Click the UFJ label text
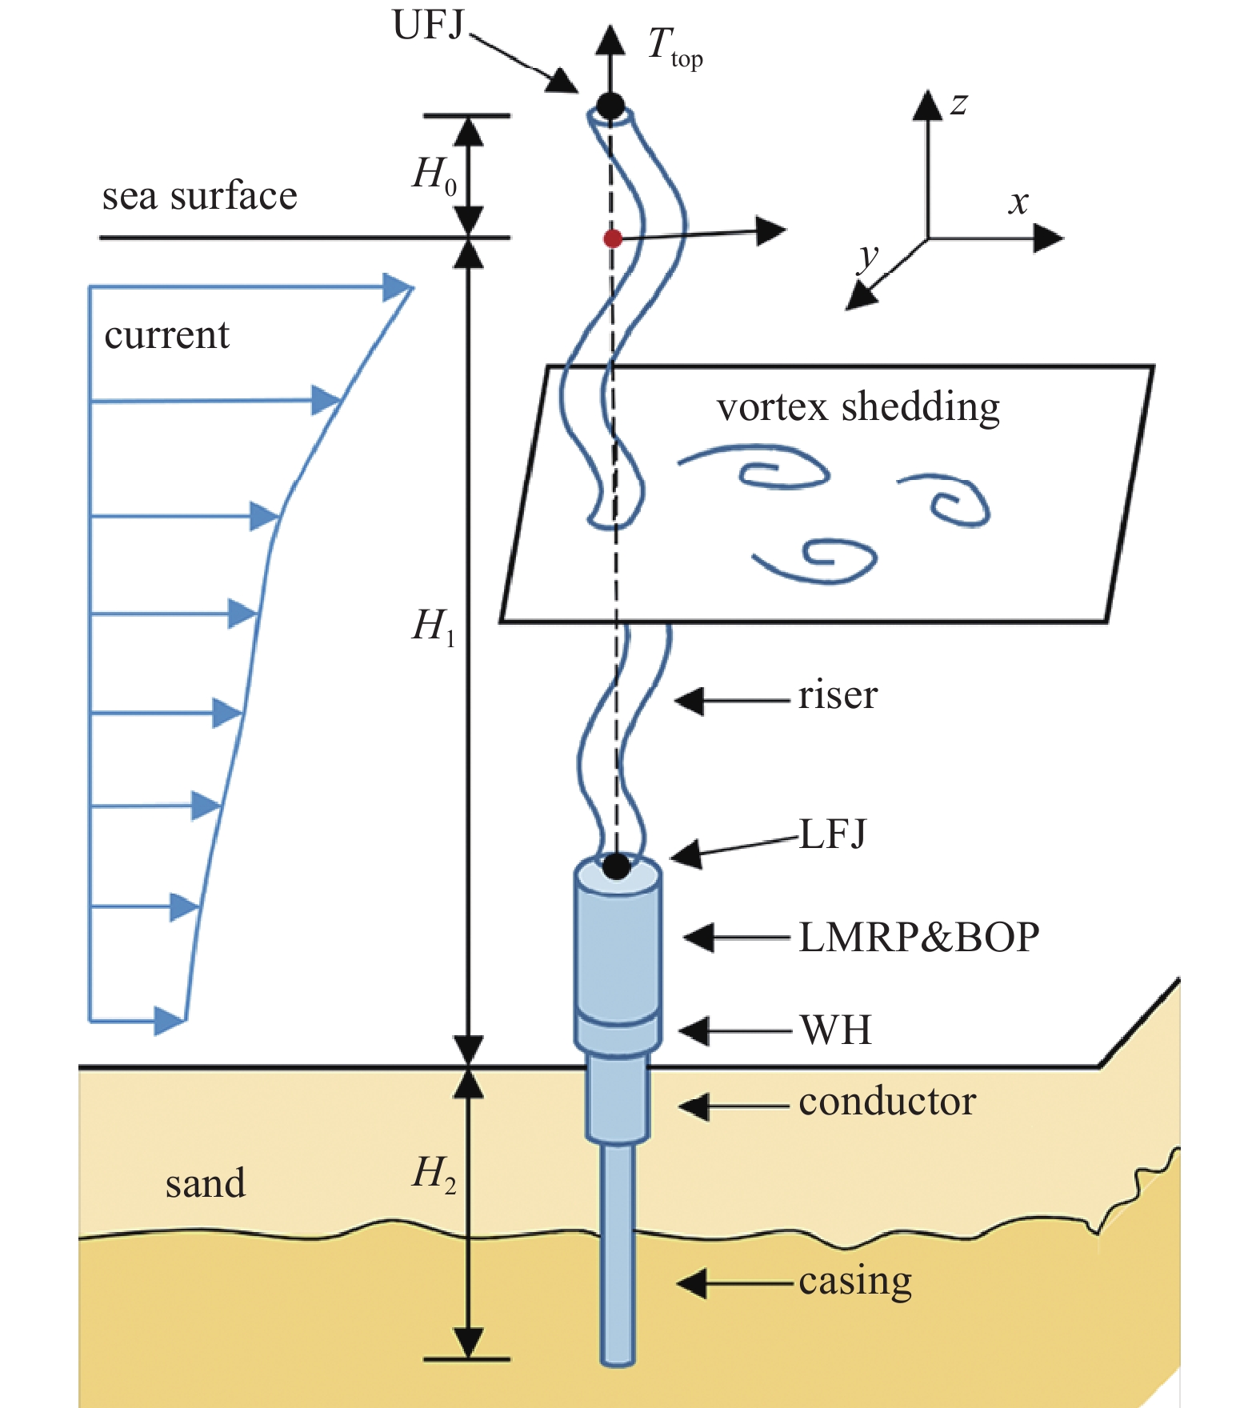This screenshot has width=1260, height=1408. [x=428, y=26]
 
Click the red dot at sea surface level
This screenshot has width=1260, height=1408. [x=613, y=238]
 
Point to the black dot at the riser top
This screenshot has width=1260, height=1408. [x=610, y=105]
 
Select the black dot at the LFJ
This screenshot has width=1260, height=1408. [x=616, y=866]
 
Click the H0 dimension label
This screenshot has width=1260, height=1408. [x=434, y=174]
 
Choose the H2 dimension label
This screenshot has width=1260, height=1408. [x=434, y=1174]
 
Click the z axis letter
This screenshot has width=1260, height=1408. [x=958, y=104]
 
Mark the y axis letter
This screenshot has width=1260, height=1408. [x=867, y=258]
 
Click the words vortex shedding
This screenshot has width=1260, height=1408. [x=858, y=407]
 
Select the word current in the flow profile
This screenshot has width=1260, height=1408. [x=166, y=334]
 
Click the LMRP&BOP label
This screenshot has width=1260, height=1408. [x=918, y=937]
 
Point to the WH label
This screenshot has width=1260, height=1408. [x=835, y=1030]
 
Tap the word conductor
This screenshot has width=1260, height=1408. [x=886, y=1102]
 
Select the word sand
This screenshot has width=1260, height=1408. [x=205, y=1183]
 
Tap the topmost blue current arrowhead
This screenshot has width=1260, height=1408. [x=398, y=287]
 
